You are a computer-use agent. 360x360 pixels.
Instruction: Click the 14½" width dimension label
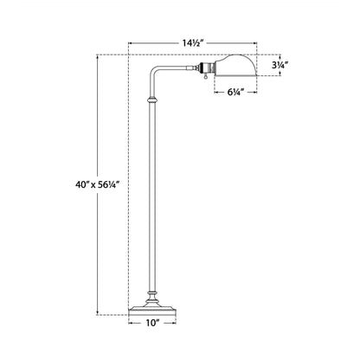(193, 43)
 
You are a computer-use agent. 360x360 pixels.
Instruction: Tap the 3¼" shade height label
(280, 65)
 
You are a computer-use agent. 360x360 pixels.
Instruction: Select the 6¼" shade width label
(235, 93)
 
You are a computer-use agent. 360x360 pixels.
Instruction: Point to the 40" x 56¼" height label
(98, 184)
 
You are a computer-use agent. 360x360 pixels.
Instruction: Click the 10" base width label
(152, 323)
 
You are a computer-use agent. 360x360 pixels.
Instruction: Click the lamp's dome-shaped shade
(235, 65)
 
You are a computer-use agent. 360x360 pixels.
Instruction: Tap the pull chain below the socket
(206, 76)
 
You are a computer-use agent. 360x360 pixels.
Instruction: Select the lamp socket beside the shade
(207, 68)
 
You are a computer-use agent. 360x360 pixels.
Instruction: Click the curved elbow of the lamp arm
(154, 71)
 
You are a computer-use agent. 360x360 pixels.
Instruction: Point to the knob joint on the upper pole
(152, 100)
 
